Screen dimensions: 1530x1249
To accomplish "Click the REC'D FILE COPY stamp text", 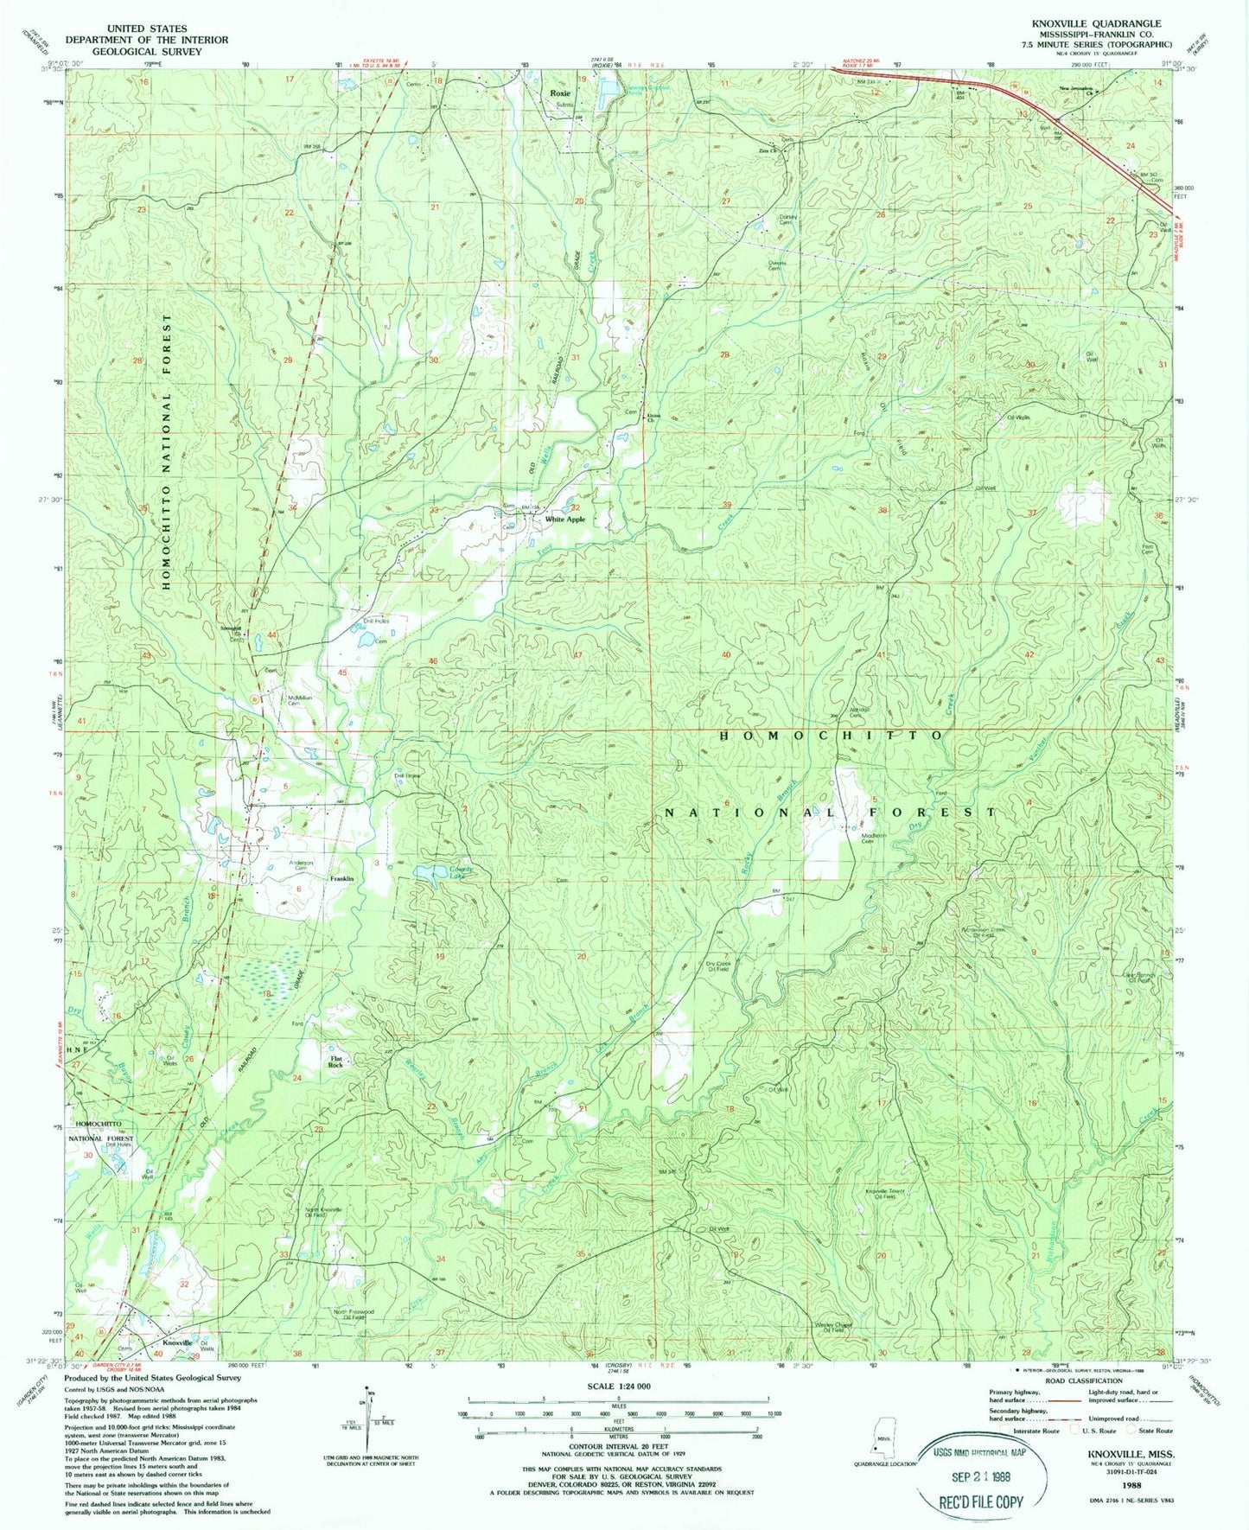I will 980,1502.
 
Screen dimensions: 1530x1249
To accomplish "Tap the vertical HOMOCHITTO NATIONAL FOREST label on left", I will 168,451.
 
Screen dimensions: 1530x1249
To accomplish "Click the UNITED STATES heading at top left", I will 146,29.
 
